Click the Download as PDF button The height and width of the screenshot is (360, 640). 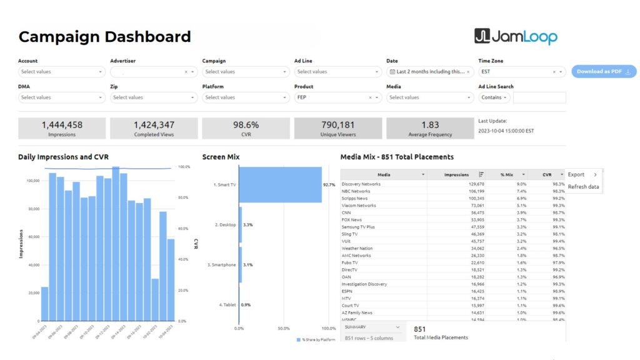tap(603, 72)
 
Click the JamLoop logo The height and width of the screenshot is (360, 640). tap(516, 37)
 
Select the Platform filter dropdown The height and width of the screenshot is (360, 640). tap(245, 97)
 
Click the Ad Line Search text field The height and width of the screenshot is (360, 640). tap(539, 97)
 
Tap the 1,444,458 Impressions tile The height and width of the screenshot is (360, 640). tap(62, 128)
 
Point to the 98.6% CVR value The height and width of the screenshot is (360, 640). tap(246, 125)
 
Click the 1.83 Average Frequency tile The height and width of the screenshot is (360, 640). tap(430, 128)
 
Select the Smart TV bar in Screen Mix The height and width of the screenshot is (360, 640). tap(280, 185)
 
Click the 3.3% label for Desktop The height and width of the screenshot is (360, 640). tap(247, 224)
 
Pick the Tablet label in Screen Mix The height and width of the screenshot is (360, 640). tap(229, 304)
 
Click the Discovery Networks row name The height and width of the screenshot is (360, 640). tap(361, 184)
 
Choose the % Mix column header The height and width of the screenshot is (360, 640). tap(506, 174)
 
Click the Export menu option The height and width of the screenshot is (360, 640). tap(576, 174)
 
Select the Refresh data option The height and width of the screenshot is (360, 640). tap(583, 187)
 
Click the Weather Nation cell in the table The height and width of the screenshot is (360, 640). tap(357, 249)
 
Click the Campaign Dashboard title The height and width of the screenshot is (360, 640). tap(104, 37)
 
